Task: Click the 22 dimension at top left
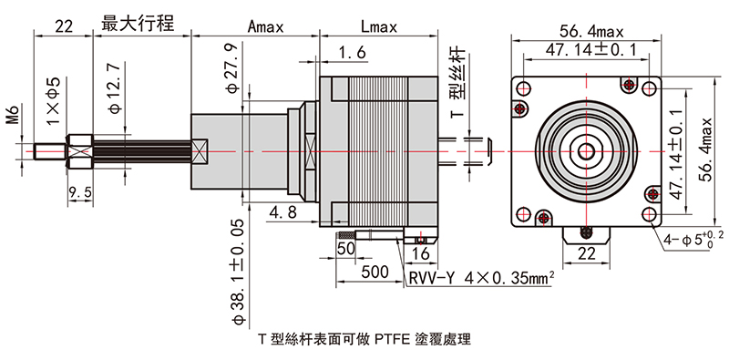[x=62, y=26]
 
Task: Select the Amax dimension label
[x=265, y=26]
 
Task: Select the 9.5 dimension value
[x=81, y=191]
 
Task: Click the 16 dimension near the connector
[x=421, y=252]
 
